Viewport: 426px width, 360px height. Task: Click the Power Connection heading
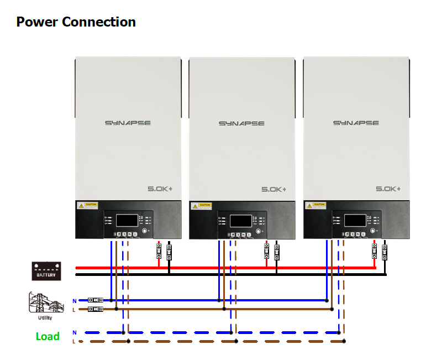pos(76,22)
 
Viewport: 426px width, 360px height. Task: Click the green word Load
pos(48,336)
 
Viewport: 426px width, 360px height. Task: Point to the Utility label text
pos(45,317)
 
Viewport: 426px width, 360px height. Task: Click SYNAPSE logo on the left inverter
pos(128,123)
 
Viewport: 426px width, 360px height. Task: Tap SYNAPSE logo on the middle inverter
pos(241,123)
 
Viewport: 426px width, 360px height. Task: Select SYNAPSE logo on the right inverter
pos(356,123)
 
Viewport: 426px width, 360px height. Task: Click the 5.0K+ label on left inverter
pos(160,189)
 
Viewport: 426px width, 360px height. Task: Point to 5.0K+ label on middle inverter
pos(275,189)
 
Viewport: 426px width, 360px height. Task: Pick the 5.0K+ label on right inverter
pos(388,189)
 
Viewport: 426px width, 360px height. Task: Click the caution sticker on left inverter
pos(88,205)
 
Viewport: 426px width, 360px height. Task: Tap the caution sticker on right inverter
pos(316,205)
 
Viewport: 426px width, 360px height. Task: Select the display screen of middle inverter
pos(241,221)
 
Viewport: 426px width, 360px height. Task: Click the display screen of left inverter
pos(127,221)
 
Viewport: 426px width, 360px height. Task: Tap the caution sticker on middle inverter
pos(202,205)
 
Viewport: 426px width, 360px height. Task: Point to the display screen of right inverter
pos(355,221)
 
